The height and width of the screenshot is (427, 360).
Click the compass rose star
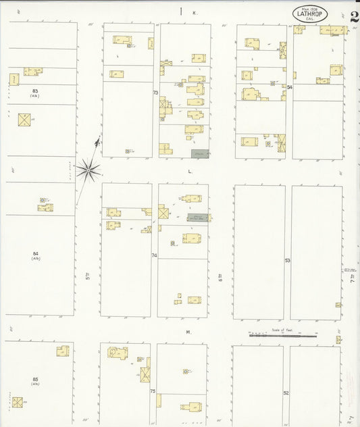[x=88, y=168]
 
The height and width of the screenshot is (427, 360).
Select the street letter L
[x=190, y=172]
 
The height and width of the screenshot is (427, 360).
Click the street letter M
[x=189, y=332]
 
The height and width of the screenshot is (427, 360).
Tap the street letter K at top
[x=194, y=12]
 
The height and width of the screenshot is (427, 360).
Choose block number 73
[x=155, y=93]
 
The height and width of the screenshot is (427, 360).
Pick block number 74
[x=154, y=255]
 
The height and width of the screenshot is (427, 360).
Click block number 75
[x=153, y=391]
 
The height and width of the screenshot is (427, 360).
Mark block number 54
[x=289, y=87]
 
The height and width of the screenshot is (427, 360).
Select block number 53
[x=287, y=260]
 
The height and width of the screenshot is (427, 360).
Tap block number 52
[x=286, y=393]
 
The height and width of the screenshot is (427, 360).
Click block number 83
[x=34, y=90]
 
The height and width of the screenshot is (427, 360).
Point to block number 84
[x=35, y=253]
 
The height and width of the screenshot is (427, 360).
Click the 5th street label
[x=87, y=275]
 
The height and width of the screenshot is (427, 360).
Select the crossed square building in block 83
[x=25, y=120]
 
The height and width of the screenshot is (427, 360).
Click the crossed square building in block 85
[x=18, y=402]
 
